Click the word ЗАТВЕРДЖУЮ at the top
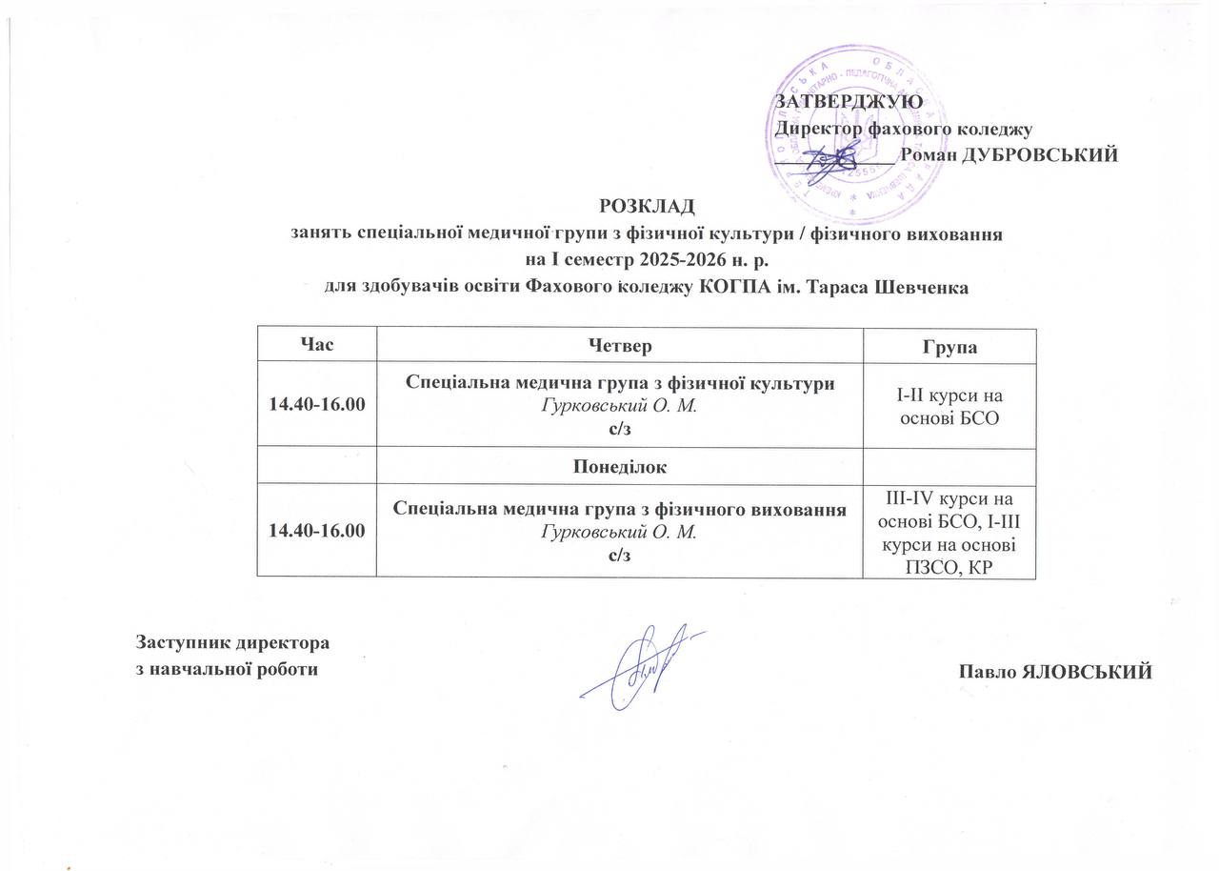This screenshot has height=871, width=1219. tap(849, 102)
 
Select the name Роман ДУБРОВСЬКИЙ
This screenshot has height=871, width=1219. tap(1009, 155)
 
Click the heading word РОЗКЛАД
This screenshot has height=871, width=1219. tap(647, 206)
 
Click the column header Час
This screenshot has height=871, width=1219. tap(316, 345)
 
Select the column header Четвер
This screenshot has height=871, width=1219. tap(619, 345)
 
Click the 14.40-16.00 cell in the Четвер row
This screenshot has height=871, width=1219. tap(316, 406)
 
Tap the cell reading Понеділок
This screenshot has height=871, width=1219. tap(619, 467)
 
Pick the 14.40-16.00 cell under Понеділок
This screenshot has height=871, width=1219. tap(316, 531)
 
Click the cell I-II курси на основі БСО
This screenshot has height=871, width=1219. tap(949, 407)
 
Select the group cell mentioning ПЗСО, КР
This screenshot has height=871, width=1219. tap(949, 531)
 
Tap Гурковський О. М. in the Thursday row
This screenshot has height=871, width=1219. tap(619, 407)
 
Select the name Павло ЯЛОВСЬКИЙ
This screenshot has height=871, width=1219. tap(1056, 672)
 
